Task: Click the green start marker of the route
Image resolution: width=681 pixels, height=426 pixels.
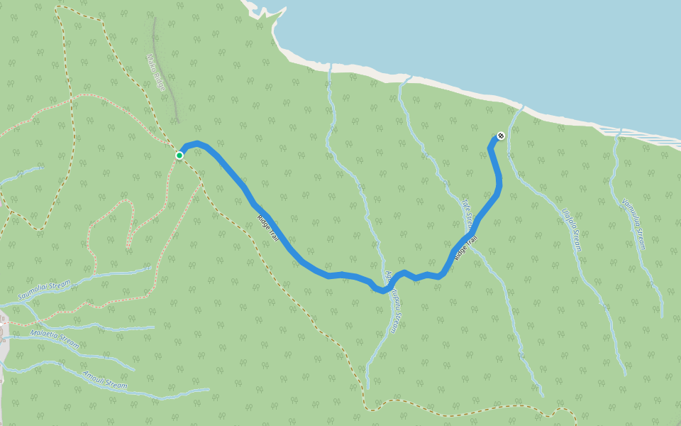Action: click(x=179, y=155)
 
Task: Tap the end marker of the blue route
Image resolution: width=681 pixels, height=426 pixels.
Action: click(x=501, y=136)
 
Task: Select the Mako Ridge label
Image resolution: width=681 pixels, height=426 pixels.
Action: click(x=156, y=72)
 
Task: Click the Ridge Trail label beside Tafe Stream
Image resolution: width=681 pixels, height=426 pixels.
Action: click(x=467, y=246)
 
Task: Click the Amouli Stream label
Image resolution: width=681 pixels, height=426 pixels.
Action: click(x=105, y=380)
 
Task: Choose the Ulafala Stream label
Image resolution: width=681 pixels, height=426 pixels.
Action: click(x=572, y=230)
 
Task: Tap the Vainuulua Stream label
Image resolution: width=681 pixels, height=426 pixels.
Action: click(x=633, y=223)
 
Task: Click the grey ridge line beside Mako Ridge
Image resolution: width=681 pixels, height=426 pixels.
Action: click(x=171, y=99)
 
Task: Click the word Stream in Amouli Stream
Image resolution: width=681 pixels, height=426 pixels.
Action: click(x=116, y=384)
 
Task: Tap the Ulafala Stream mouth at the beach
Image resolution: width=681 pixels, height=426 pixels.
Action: click(x=521, y=107)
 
